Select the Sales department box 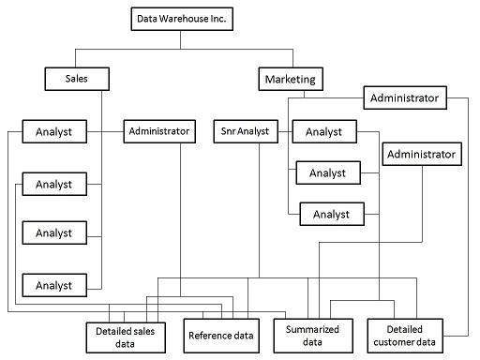[x=77, y=79]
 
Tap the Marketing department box [x=288, y=79]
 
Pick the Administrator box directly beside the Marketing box [x=405, y=97]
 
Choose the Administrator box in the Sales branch [x=159, y=131]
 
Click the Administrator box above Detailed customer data [x=421, y=153]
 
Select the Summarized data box [x=312, y=336]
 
